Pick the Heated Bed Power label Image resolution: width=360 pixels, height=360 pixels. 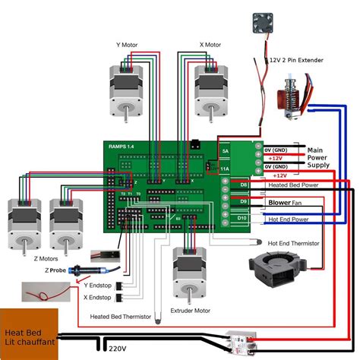coord(294,185)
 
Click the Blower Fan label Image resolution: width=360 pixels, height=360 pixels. coord(286,203)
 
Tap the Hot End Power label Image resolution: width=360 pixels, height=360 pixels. coord(289,219)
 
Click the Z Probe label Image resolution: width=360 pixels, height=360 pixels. coord(56,270)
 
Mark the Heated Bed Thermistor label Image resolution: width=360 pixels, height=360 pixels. coord(120,316)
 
